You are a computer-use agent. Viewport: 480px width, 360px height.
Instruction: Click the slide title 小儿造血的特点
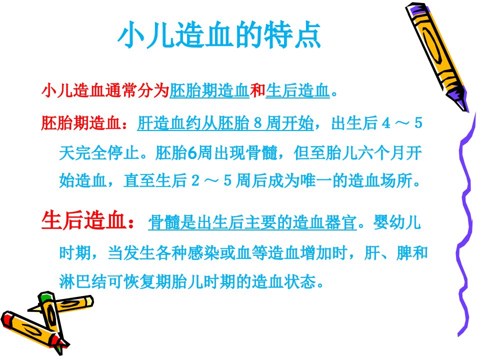click(x=219, y=35)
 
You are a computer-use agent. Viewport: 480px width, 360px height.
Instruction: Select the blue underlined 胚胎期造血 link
click(x=209, y=90)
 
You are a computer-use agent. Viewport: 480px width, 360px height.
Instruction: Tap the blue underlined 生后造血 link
click(x=297, y=90)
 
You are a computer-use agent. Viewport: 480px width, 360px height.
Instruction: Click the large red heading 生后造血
click(x=83, y=220)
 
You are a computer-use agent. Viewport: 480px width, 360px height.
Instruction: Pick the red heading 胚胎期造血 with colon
click(x=85, y=123)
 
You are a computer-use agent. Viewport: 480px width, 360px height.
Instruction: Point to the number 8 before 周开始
click(x=258, y=123)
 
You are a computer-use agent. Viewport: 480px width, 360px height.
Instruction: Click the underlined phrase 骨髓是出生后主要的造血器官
click(x=252, y=222)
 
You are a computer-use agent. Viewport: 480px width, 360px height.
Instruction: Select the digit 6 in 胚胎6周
click(x=192, y=152)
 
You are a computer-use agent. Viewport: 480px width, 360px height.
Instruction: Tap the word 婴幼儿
click(x=397, y=222)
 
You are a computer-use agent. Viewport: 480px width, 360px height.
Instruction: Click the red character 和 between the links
click(x=257, y=90)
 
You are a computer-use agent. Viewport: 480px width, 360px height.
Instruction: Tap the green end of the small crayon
click(x=45, y=296)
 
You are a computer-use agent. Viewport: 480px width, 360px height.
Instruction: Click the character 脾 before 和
click(x=404, y=253)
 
